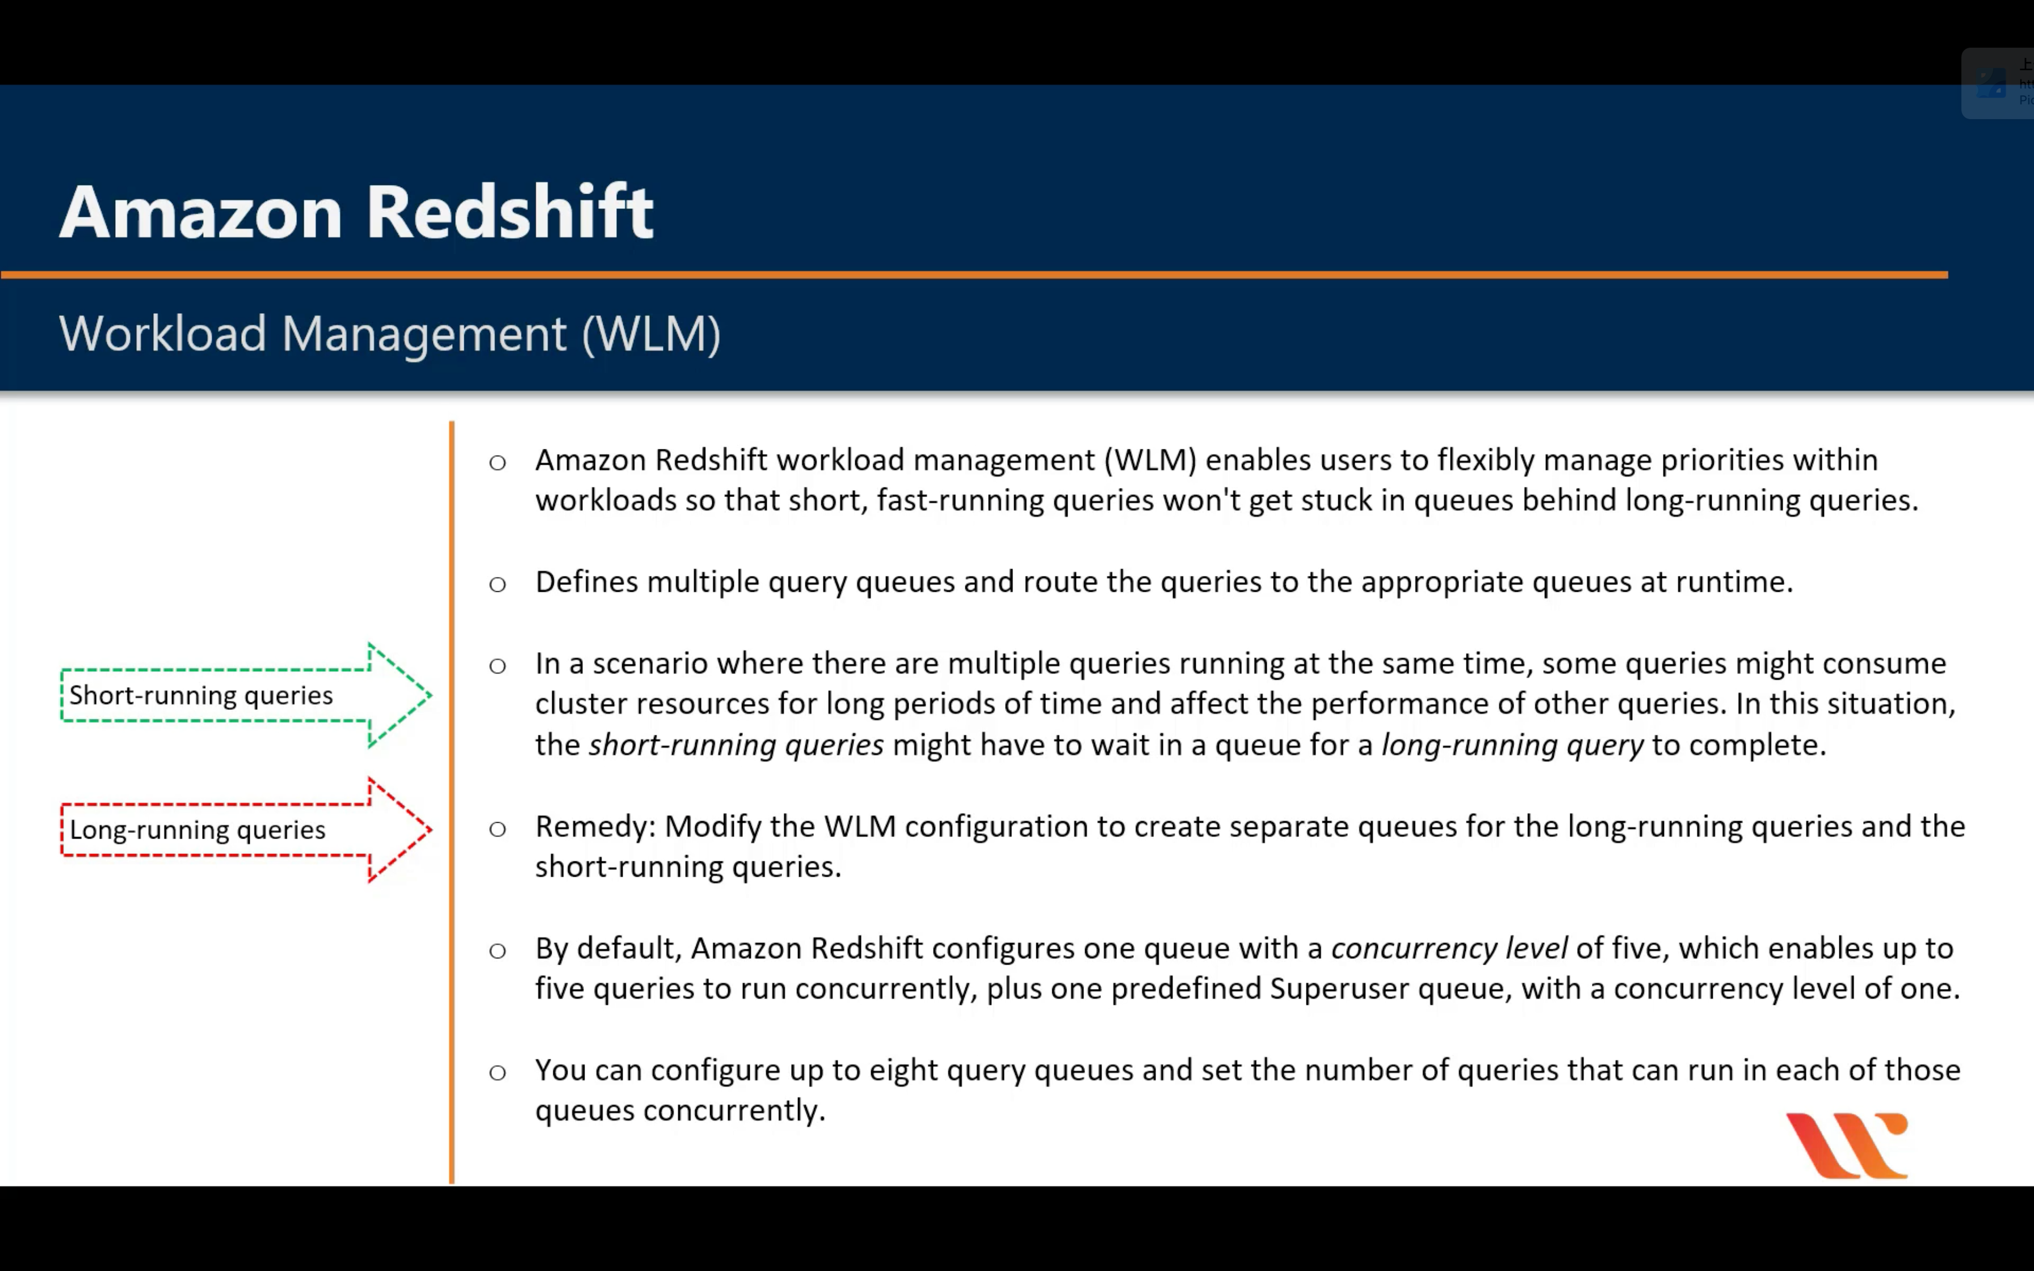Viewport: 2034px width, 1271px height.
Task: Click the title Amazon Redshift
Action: (356, 212)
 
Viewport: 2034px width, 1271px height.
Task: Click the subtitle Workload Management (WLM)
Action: (390, 334)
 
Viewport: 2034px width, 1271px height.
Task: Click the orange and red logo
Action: (1847, 1146)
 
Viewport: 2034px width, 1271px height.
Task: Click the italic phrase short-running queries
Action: (736, 746)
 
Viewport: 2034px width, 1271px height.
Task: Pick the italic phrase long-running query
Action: (1512, 746)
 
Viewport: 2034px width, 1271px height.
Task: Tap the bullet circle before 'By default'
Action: (498, 951)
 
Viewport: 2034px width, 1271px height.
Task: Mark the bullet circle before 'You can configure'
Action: (498, 1072)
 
